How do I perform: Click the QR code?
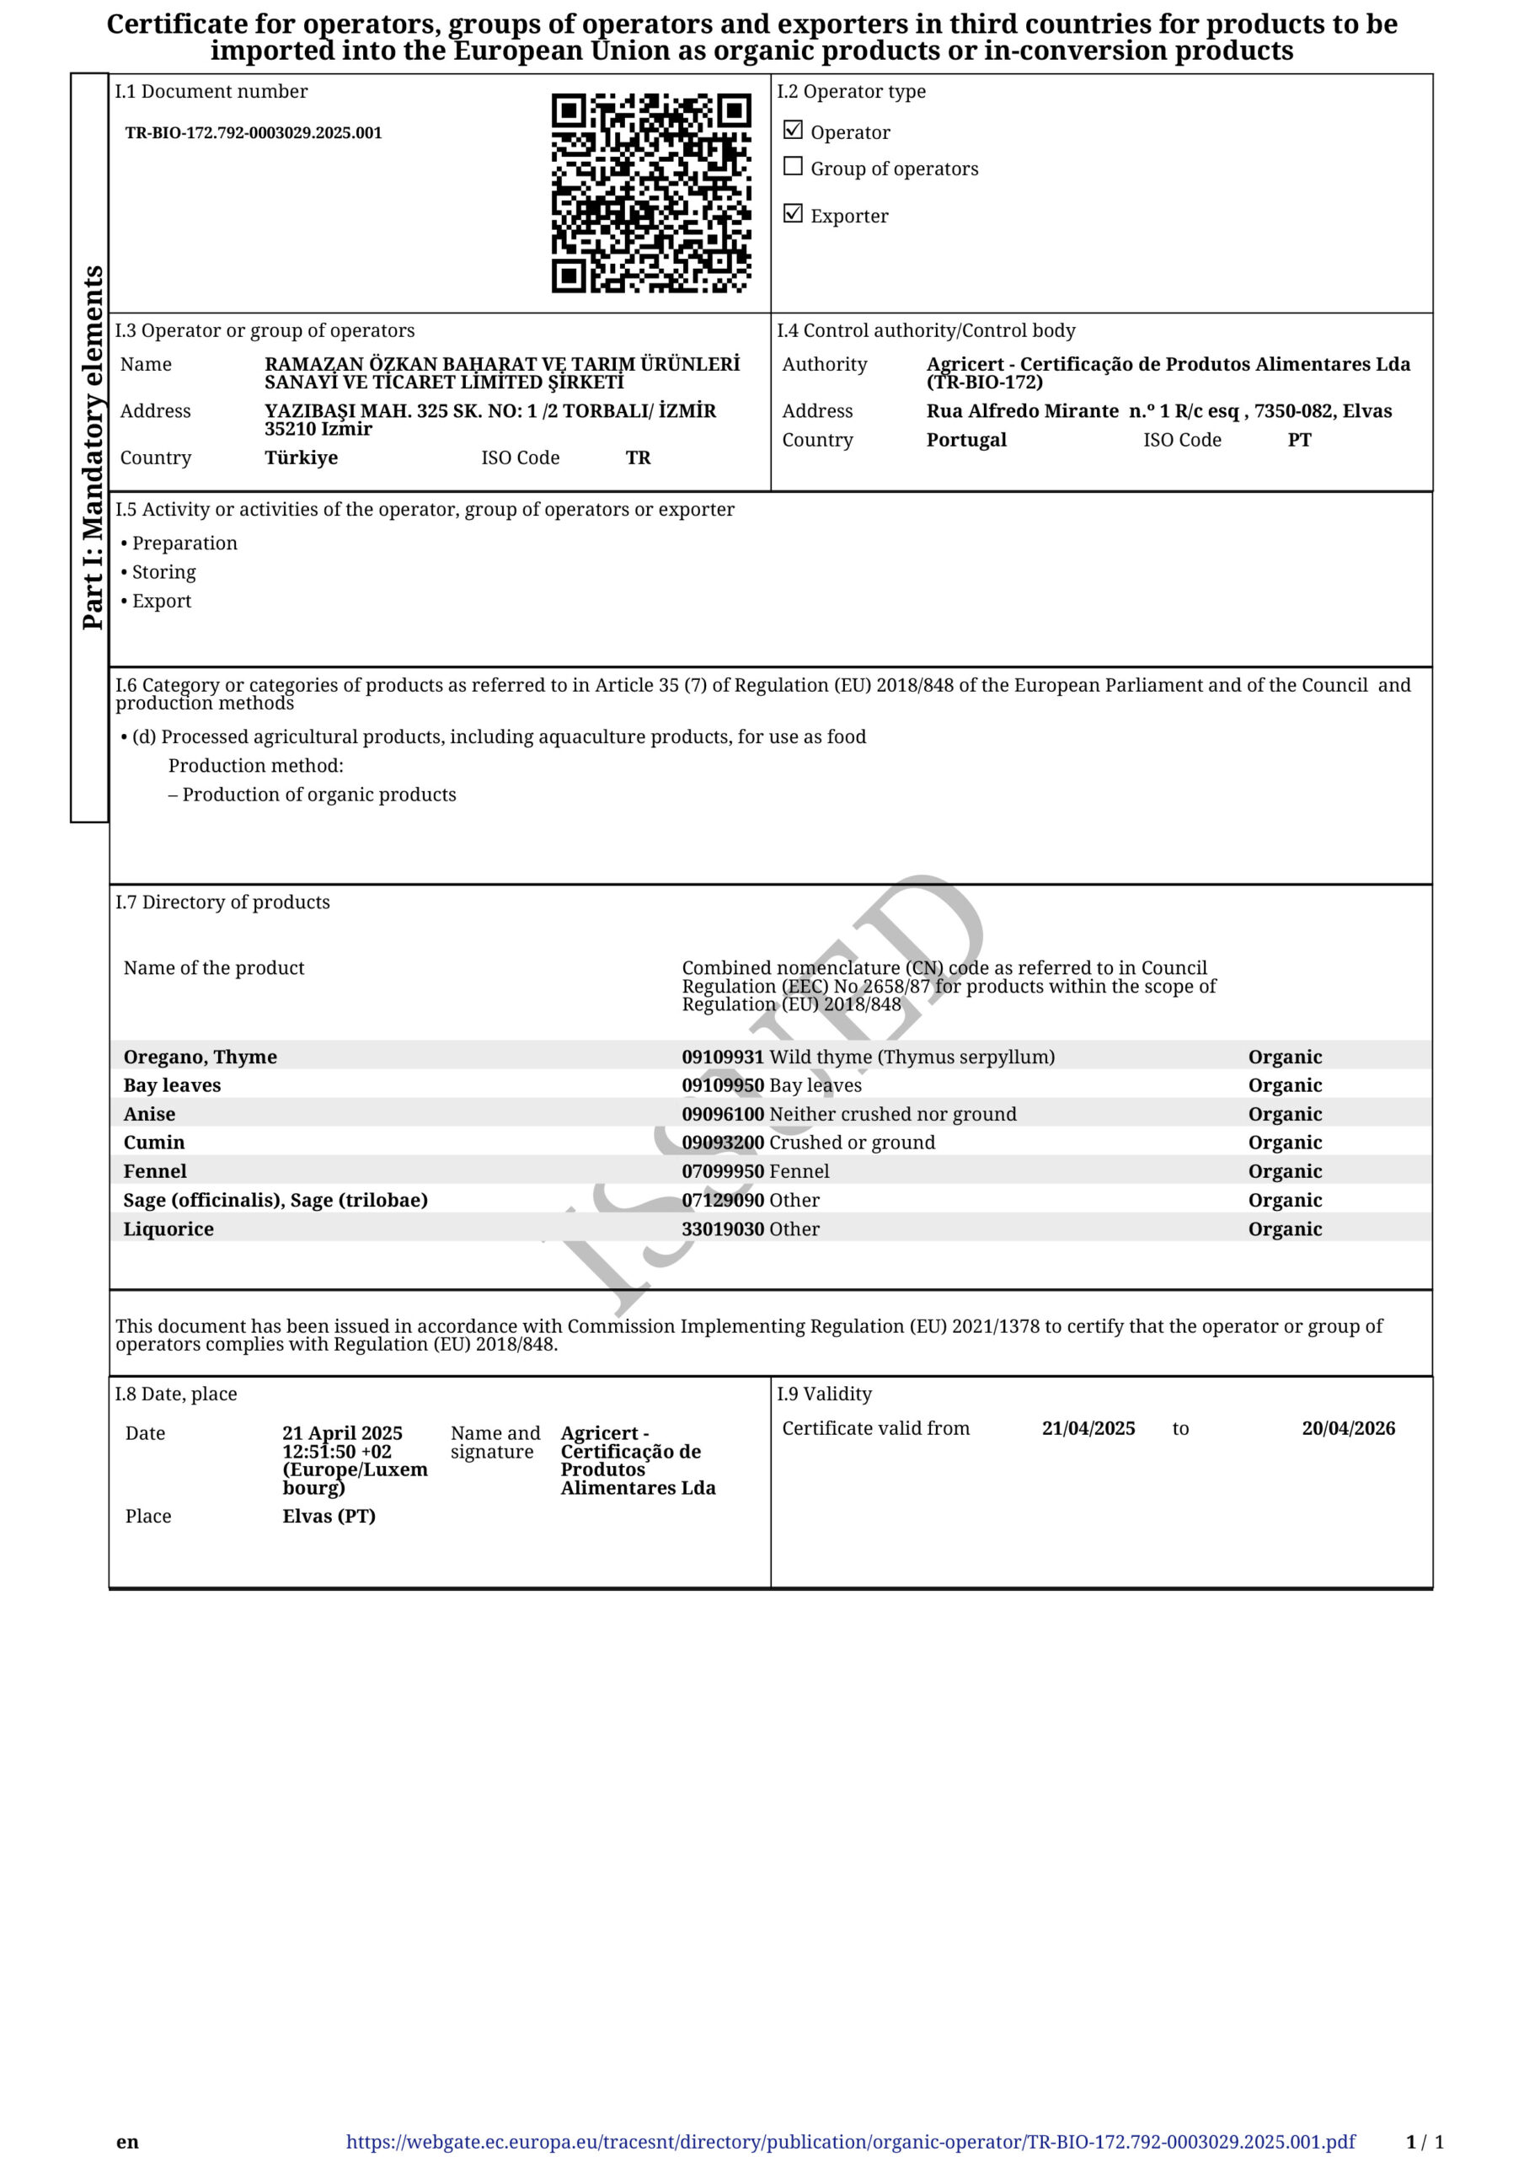(x=650, y=193)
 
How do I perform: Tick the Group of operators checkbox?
(x=793, y=166)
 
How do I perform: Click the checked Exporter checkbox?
(x=793, y=213)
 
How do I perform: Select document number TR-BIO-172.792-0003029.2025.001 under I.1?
(x=254, y=132)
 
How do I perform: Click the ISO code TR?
(x=638, y=458)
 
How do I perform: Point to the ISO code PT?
(x=1298, y=440)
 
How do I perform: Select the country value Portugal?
(x=966, y=440)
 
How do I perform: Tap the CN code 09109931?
(x=723, y=1057)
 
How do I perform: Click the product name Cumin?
(x=154, y=1143)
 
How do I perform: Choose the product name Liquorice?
(x=168, y=1228)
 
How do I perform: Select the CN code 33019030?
(x=723, y=1228)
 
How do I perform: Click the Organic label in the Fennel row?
(x=1285, y=1171)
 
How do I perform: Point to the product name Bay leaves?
(x=172, y=1085)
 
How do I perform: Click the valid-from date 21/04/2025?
(x=1088, y=1428)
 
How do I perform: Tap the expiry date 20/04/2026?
(x=1348, y=1428)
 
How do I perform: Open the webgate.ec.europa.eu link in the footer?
(x=850, y=2142)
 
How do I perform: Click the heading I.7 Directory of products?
(x=222, y=902)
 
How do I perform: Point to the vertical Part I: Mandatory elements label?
(x=92, y=447)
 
